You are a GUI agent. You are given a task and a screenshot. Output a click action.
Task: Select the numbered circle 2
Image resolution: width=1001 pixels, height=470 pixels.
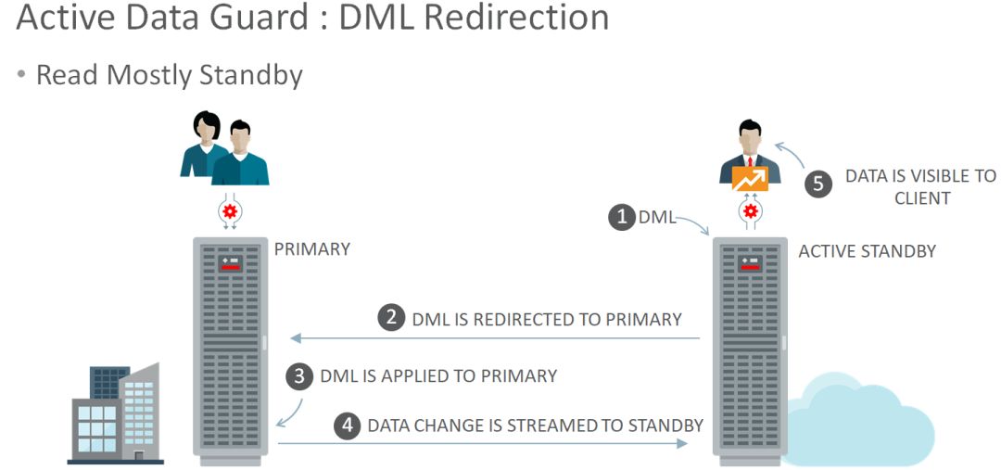click(x=392, y=318)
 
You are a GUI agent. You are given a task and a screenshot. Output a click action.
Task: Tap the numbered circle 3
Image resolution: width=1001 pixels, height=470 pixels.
click(x=299, y=375)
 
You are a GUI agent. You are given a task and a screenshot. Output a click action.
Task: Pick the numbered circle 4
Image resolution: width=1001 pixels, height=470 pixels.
click(x=348, y=426)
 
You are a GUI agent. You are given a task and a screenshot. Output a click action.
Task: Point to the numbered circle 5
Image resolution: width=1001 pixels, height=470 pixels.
click(x=817, y=184)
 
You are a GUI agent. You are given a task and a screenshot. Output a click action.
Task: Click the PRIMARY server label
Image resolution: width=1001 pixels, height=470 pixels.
click(x=312, y=249)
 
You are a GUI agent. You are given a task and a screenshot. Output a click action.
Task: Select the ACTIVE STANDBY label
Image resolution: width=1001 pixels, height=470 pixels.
click(x=867, y=251)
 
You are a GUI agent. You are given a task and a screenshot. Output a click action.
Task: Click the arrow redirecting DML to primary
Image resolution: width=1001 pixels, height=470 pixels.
click(x=491, y=338)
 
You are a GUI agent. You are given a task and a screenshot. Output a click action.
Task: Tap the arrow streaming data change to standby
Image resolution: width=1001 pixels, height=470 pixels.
click(x=482, y=444)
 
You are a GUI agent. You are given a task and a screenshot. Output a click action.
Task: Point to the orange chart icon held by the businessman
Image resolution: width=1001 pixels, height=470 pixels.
click(x=750, y=179)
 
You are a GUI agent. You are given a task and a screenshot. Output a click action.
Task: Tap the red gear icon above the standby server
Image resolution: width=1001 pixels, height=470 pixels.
click(x=750, y=212)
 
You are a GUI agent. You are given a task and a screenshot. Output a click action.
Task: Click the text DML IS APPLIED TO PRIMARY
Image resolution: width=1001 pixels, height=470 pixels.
click(x=438, y=375)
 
